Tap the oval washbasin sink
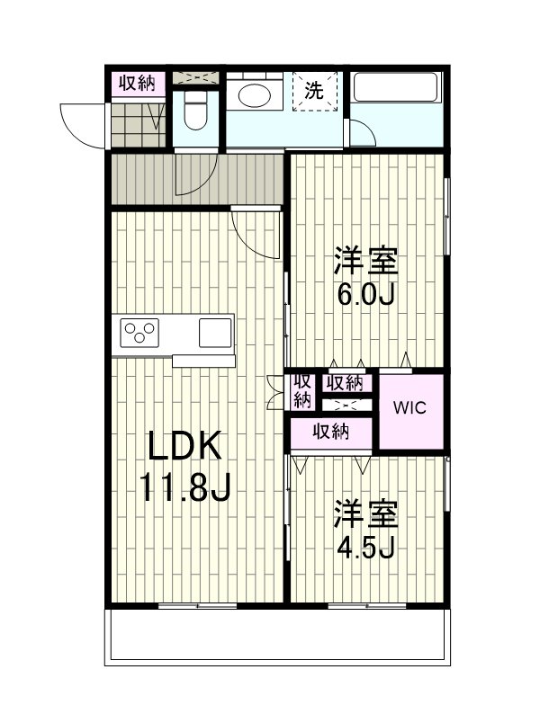coord(254,95)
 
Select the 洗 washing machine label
coord(314,90)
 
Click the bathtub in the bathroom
coord(395,87)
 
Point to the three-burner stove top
coord(139,333)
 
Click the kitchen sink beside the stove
coord(215,333)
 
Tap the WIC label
coord(410,407)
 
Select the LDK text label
coord(184,446)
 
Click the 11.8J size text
coord(185,486)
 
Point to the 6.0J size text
coord(365,294)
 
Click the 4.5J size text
coord(365,547)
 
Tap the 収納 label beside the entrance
coord(137,83)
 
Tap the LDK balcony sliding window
coord(198,605)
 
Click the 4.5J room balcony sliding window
coord(367,605)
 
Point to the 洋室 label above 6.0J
coord(365,261)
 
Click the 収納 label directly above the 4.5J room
coord(331,431)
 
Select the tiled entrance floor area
coord(139,125)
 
